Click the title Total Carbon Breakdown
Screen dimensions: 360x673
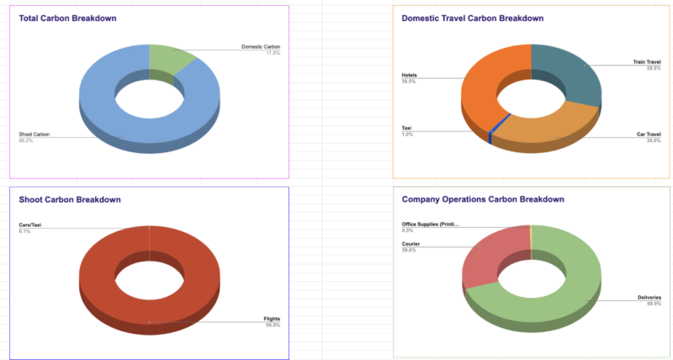(68, 19)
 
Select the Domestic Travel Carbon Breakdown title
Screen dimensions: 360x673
(472, 19)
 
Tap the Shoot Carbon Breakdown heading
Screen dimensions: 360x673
(70, 199)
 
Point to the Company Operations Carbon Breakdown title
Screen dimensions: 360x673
(483, 199)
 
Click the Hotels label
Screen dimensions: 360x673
(410, 76)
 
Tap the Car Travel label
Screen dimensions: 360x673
(649, 134)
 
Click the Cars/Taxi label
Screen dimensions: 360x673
(30, 225)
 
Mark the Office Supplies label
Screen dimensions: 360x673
(430, 225)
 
